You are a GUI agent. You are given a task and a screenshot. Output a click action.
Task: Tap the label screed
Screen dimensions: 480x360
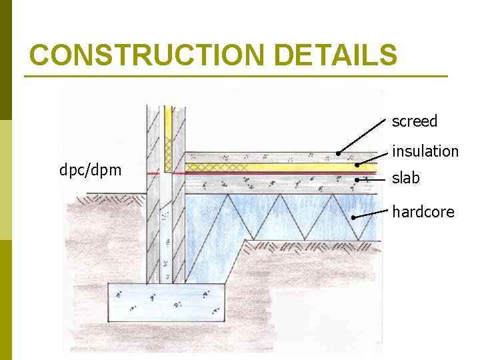click(414, 121)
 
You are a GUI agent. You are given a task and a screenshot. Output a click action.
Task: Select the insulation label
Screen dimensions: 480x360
click(425, 151)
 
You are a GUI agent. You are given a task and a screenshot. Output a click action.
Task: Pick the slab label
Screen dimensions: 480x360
click(406, 178)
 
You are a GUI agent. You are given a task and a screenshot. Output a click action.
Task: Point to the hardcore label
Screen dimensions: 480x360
click(423, 212)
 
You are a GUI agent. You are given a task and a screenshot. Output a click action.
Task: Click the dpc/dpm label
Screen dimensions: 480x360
click(91, 170)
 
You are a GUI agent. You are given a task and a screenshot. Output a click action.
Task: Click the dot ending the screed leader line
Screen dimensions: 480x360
click(338, 153)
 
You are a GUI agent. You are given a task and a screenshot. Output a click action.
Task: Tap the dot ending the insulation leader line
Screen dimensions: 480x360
click(357, 165)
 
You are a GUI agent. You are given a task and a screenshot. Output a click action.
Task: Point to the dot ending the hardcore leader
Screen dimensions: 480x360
click(353, 217)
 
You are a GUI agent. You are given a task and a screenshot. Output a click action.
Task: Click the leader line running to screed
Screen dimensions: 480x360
click(363, 137)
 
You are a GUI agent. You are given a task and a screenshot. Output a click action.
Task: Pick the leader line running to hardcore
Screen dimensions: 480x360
click(371, 214)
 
